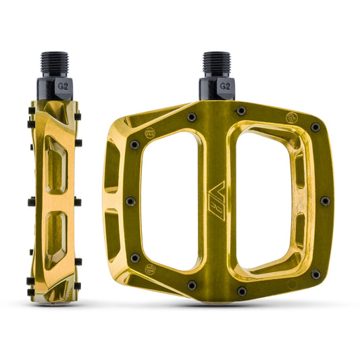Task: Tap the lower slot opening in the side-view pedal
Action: (55, 234)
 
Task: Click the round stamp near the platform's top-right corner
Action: (291, 115)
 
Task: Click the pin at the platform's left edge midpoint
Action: (130, 201)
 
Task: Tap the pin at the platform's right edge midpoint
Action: (325, 201)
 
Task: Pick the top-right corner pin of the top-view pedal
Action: (315, 127)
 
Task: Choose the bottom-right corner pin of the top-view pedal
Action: (315, 274)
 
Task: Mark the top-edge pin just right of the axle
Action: (241, 111)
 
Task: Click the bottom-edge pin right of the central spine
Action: (241, 291)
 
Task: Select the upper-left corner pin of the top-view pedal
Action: (135, 145)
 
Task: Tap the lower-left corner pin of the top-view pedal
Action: (135, 257)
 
